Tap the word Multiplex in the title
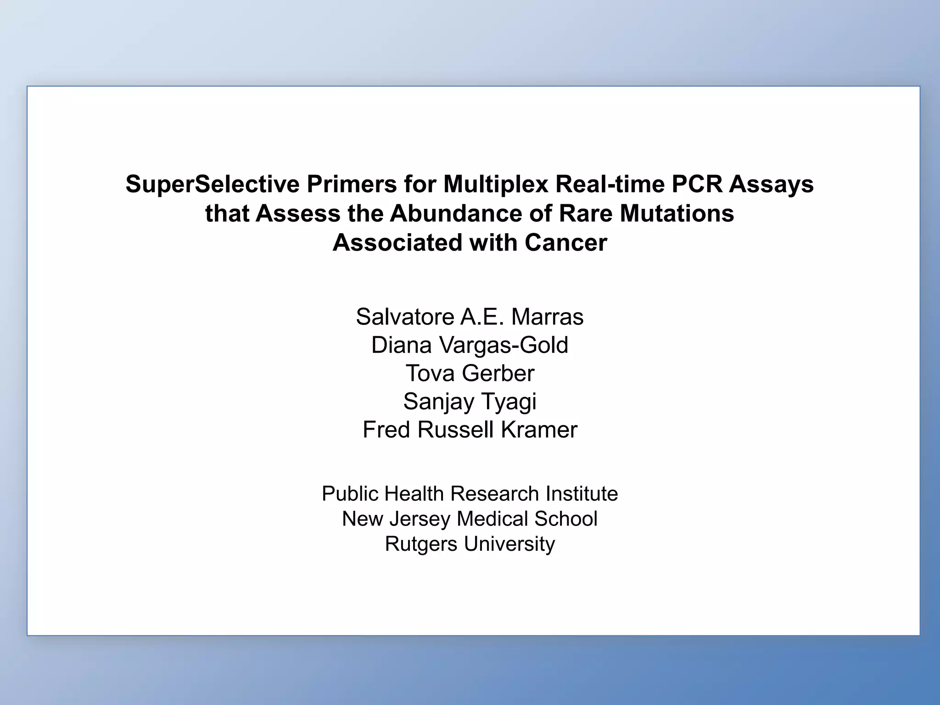point(496,185)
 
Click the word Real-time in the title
point(610,185)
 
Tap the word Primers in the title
point(352,185)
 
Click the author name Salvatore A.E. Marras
point(470,317)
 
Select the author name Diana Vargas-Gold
point(470,345)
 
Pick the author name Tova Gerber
point(470,373)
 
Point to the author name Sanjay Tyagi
point(470,402)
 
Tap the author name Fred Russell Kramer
point(470,430)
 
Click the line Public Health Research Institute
point(470,494)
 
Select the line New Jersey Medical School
point(470,519)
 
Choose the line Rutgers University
point(470,544)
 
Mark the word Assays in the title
point(771,185)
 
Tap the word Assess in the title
point(297,214)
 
